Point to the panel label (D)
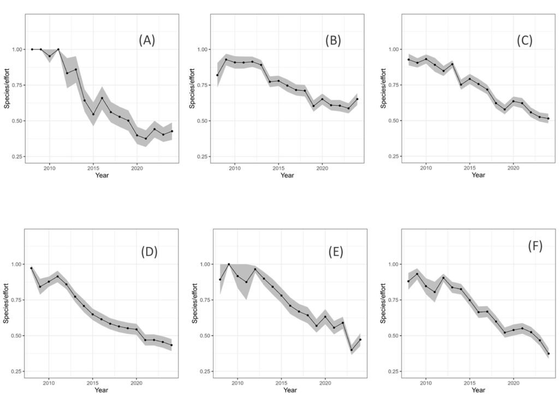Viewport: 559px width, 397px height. click(149, 252)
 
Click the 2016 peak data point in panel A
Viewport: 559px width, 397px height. click(102, 98)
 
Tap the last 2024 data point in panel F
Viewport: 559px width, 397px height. click(548, 353)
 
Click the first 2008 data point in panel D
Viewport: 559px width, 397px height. click(32, 268)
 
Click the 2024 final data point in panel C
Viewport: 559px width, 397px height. click(548, 119)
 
